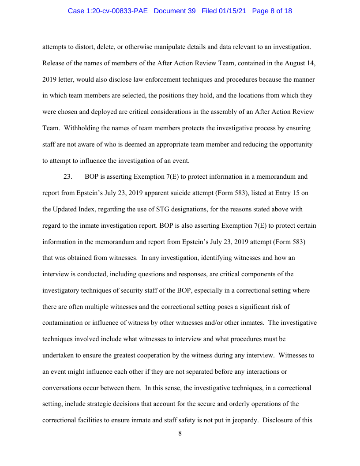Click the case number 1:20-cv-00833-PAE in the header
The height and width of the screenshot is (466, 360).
point(109,11)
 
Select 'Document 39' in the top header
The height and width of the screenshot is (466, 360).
point(175,11)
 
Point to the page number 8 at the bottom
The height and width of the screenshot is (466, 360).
point(180,433)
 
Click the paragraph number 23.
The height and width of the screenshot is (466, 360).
point(67,177)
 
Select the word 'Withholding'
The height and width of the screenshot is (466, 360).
point(82,128)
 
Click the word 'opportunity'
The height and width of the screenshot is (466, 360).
point(295,144)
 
